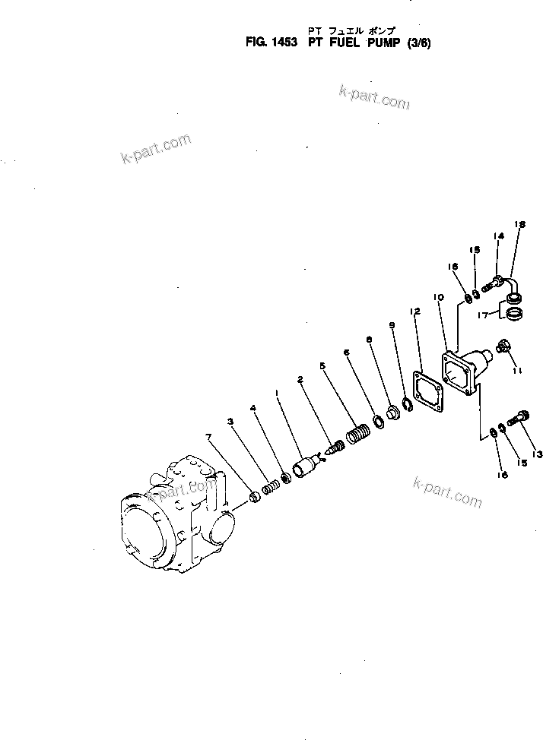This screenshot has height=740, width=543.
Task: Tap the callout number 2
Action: (300, 378)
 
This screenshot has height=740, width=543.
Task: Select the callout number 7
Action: (208, 436)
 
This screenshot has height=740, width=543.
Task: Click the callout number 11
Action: (516, 370)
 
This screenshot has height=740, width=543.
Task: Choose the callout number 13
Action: (538, 454)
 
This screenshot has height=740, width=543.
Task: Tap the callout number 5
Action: (322, 365)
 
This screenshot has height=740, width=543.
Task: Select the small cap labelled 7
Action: (256, 498)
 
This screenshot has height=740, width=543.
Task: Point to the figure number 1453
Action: (281, 43)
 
